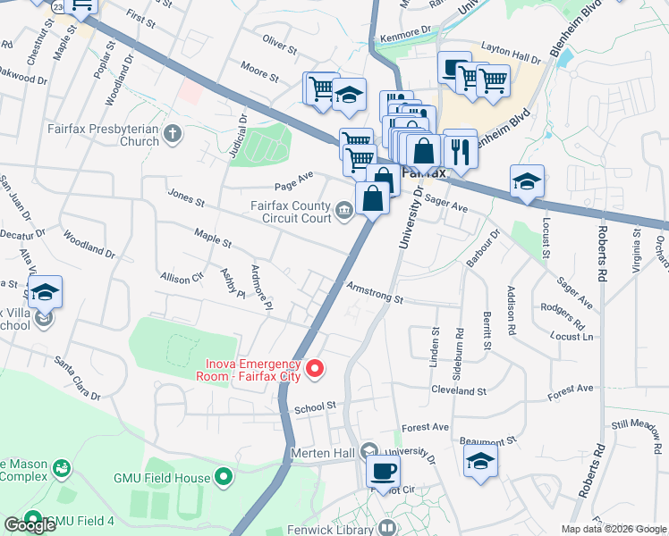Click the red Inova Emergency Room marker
pyautogui.click(x=315, y=368)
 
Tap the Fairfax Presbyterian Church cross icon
pyautogui.click(x=172, y=134)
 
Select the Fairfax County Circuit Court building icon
pyautogui.click(x=343, y=212)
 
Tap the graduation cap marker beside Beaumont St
pyautogui.click(x=480, y=462)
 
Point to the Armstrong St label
pyautogui.click(x=376, y=295)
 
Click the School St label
pyautogui.click(x=314, y=406)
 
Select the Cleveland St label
pyautogui.click(x=458, y=391)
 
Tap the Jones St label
pyautogui.click(x=186, y=197)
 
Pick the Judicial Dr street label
pyautogui.click(x=236, y=138)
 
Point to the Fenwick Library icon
pyautogui.click(x=387, y=528)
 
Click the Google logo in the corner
pyautogui.click(x=30, y=525)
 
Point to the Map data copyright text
pyautogui.click(x=614, y=528)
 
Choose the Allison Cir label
pyautogui.click(x=182, y=277)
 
